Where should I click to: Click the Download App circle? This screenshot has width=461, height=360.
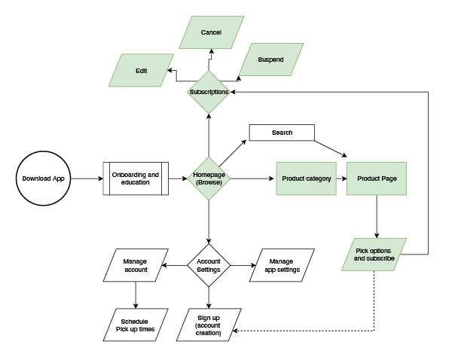click(43, 178)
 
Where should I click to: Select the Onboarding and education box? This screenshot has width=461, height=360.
click(136, 178)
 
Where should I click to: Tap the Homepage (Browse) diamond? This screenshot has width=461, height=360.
click(209, 178)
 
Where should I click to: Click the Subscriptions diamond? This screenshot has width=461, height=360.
click(209, 92)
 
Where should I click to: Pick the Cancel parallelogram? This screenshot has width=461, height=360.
click(212, 33)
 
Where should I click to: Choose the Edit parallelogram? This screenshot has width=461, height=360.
click(142, 71)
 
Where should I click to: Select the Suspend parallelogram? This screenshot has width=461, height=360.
click(271, 59)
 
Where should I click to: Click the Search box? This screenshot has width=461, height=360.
click(282, 133)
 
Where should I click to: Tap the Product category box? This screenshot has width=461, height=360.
click(307, 178)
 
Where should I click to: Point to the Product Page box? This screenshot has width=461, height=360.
click(377, 178)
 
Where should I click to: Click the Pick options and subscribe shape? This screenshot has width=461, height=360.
click(374, 255)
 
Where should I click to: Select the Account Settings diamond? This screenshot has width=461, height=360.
click(209, 265)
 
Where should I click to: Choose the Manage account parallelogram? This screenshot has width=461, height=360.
click(136, 265)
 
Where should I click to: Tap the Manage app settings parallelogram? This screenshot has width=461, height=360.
click(282, 265)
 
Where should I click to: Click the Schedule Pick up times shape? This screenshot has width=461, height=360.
click(136, 325)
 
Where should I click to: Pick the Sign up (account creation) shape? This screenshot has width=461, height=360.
click(209, 325)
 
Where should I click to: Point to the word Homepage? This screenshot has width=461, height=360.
click(209, 175)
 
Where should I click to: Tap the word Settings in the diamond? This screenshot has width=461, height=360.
click(209, 270)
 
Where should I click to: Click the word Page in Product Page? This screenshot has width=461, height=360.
click(389, 178)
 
